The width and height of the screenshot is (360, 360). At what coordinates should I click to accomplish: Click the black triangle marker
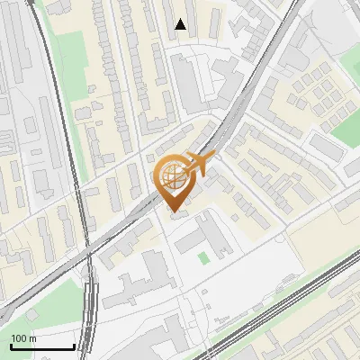coord(182,24)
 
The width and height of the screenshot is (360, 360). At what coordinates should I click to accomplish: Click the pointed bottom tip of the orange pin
coord(174,209)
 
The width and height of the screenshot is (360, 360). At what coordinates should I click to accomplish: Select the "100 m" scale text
coord(24,338)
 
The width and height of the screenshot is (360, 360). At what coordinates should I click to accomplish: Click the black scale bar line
coord(41,346)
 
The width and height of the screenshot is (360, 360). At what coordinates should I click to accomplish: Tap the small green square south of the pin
coord(203,258)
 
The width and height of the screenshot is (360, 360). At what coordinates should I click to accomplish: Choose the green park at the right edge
coord(347,131)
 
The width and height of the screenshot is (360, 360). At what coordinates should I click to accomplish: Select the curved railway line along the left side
coord(72,135)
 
